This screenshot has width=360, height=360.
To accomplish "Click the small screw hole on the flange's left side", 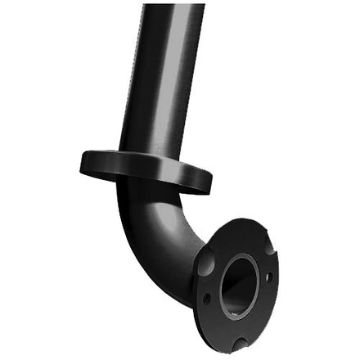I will pos(207,298).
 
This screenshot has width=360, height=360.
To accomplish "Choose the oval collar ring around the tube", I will pos(146,170).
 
